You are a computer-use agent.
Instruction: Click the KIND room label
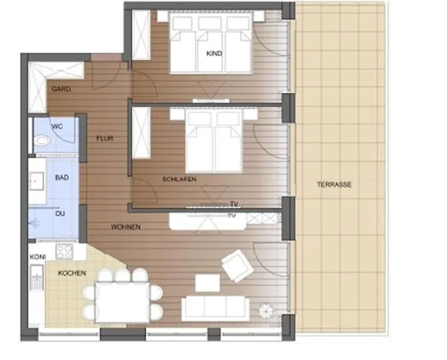(x=214, y=54)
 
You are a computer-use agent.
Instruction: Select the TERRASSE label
(x=334, y=184)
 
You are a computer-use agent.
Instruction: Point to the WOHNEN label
(x=125, y=227)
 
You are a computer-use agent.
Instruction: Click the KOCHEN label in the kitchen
(x=73, y=273)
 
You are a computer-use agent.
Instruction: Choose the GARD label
(x=60, y=89)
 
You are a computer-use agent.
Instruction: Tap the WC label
(x=57, y=126)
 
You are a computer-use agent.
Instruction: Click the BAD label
(x=62, y=176)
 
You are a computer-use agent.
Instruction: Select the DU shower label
(x=60, y=213)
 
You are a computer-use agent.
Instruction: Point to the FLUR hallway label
(x=105, y=139)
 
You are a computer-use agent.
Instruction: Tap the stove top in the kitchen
(x=65, y=253)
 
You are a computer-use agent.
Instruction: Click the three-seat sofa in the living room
(x=215, y=308)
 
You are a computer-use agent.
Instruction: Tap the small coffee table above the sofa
(x=207, y=283)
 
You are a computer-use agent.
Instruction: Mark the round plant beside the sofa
(x=266, y=310)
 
